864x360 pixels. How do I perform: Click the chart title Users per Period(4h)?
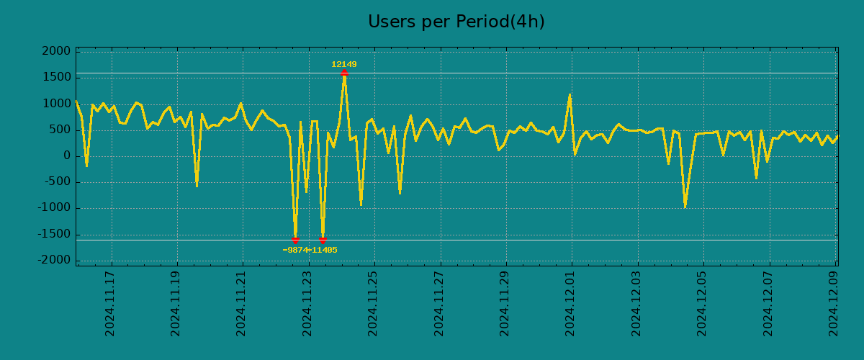pos(456,22)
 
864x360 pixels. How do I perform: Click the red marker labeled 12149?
pos(344,73)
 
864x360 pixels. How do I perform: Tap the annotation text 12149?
pos(344,64)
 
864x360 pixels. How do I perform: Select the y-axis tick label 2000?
pos(56,51)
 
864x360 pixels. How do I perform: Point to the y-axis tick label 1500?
pos(56,77)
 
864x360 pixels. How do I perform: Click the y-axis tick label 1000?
pos(56,104)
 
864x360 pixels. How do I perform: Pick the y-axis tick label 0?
pos(66,156)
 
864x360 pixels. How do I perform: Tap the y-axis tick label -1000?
pos(53,208)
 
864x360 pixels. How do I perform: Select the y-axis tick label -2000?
pos(53,260)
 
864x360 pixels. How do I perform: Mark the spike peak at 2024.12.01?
pos(570,94)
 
